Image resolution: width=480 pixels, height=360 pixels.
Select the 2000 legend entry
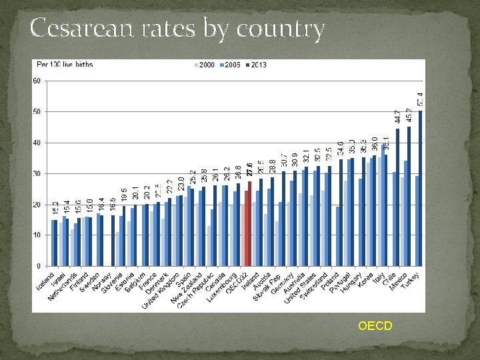point(205,65)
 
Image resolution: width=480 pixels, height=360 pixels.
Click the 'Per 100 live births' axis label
point(64,65)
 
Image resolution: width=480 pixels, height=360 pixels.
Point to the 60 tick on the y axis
point(37,81)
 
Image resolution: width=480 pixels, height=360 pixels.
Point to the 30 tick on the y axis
point(37,173)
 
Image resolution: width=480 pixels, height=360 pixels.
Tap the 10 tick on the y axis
point(37,235)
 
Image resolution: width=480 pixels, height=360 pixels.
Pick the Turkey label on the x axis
point(413,281)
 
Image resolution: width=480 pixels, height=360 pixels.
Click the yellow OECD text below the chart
point(375,326)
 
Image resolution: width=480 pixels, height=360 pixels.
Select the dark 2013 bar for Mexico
point(409,196)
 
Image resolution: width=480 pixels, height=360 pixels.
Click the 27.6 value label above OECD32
point(249,169)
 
